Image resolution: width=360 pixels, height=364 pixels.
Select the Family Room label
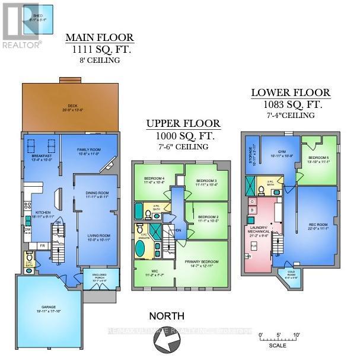[x=90, y=153]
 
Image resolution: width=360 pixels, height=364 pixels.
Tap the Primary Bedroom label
[x=204, y=263]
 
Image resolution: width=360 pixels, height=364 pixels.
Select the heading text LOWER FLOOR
[x=291, y=93]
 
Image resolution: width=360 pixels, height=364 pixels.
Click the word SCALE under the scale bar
[x=276, y=346]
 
